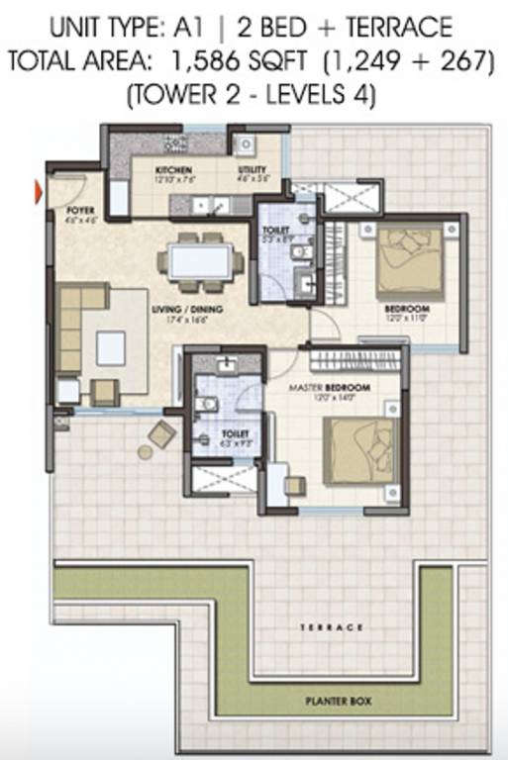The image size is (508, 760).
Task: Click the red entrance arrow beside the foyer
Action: (x=40, y=192)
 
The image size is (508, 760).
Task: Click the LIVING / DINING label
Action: (x=186, y=310)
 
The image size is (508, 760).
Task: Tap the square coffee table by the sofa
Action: (x=111, y=347)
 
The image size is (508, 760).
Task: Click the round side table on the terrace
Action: (x=146, y=452)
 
